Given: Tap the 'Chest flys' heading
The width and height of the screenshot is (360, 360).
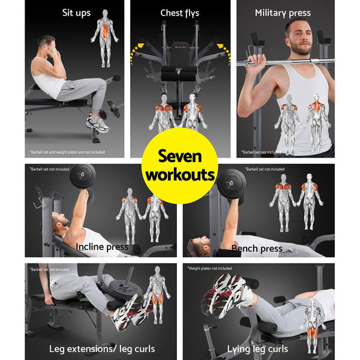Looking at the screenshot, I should tap(179, 13).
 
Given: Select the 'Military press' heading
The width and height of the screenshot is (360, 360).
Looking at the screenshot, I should tap(283, 13).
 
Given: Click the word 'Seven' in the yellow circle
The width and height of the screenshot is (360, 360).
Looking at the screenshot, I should tap(179, 157).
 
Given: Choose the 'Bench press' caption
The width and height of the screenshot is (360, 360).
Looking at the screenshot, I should tap(257, 248).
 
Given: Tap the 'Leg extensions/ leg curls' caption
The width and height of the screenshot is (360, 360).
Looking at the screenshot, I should tap(101, 349).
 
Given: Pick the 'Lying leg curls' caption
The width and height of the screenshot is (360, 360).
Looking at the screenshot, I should tap(257, 349).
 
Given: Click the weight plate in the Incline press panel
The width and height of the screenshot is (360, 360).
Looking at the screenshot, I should tap(83, 176).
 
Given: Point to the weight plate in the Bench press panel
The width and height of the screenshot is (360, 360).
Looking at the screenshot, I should tap(231, 184).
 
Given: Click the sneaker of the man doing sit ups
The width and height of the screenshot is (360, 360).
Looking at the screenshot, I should tap(98, 124).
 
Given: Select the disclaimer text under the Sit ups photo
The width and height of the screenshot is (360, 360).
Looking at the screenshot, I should tap(66, 152).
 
